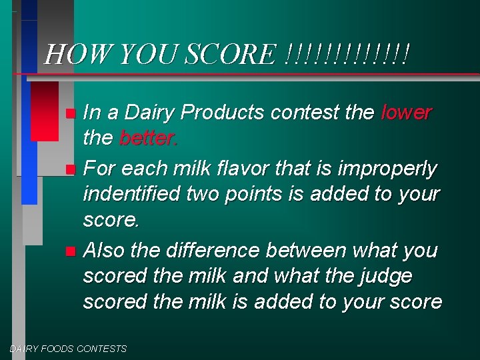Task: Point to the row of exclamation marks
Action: [x=346, y=53]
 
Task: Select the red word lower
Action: [x=407, y=113]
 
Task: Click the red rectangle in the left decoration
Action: [x=45, y=111]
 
